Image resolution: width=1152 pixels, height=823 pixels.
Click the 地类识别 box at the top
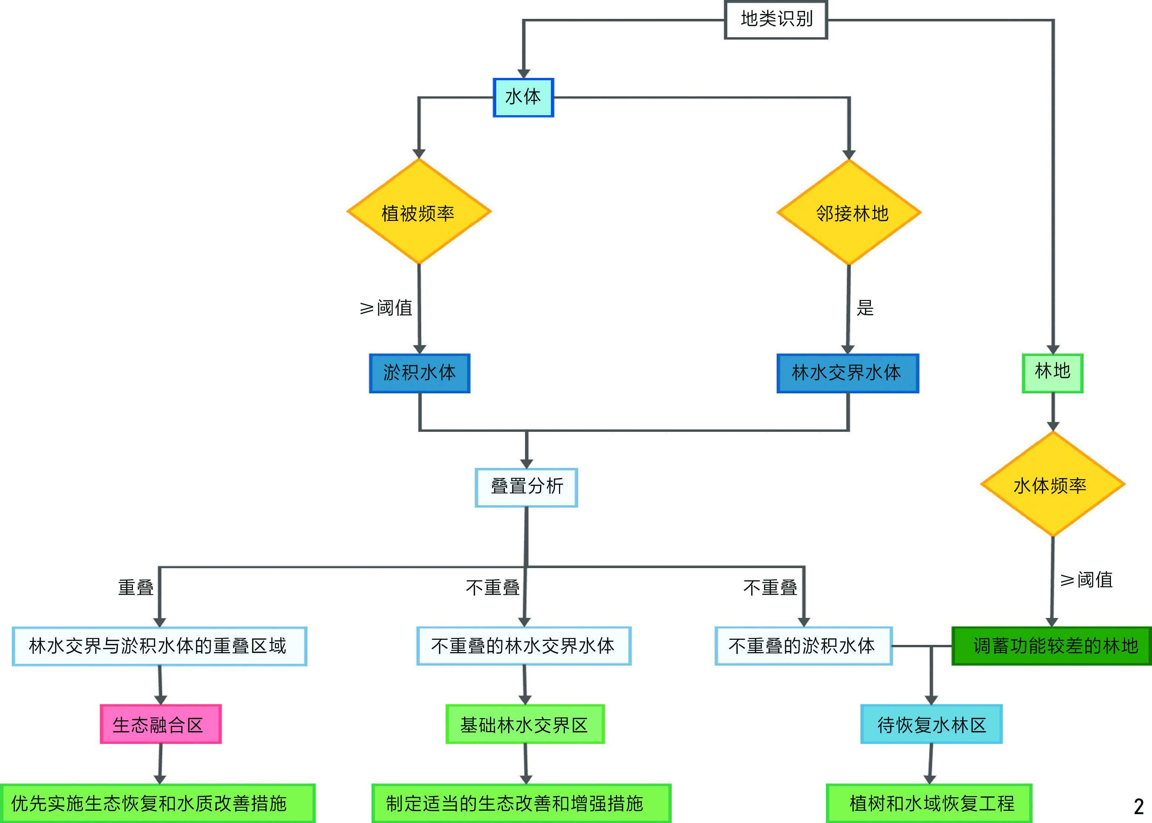[x=776, y=20]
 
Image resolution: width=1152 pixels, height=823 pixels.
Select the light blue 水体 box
[x=524, y=97]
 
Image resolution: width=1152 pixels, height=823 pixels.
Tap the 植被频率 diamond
[x=419, y=212]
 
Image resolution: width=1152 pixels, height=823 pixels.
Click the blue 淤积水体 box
[x=420, y=373]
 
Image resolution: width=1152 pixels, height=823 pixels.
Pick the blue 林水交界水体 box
[x=848, y=373]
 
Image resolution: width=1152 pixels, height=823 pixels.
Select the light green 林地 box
[x=1052, y=373]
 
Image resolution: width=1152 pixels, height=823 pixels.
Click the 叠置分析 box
[x=526, y=487]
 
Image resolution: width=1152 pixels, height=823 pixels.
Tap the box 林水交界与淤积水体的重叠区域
[x=159, y=646]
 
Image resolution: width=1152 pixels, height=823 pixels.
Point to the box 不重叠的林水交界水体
[x=524, y=646]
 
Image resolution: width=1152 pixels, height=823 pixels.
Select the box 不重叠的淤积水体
[x=803, y=646]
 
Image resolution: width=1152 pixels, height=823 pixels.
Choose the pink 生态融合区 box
[x=161, y=724]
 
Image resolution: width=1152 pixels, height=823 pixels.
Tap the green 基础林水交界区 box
[x=525, y=724]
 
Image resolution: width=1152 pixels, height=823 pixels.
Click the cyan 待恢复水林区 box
[x=931, y=724]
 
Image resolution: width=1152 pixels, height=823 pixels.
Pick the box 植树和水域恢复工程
[x=929, y=803]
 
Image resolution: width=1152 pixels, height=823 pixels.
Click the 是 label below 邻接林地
[x=865, y=308]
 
